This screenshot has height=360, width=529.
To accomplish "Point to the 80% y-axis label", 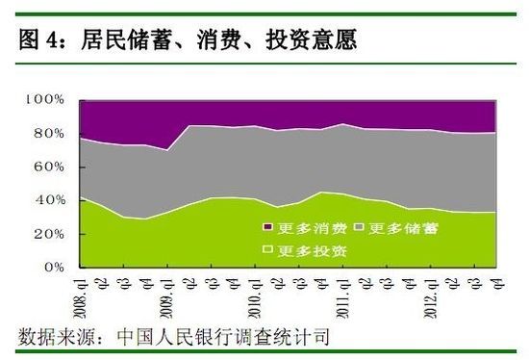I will (x=48, y=134).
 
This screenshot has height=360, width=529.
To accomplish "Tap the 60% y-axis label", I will (x=48, y=167).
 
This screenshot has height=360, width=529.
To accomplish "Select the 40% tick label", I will (x=48, y=200).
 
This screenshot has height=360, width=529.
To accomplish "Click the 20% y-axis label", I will (x=48, y=234).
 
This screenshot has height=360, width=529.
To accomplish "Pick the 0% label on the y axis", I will (x=52, y=268).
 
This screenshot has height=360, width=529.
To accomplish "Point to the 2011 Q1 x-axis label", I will (x=341, y=294).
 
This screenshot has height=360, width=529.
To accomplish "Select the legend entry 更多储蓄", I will (x=393, y=227).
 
